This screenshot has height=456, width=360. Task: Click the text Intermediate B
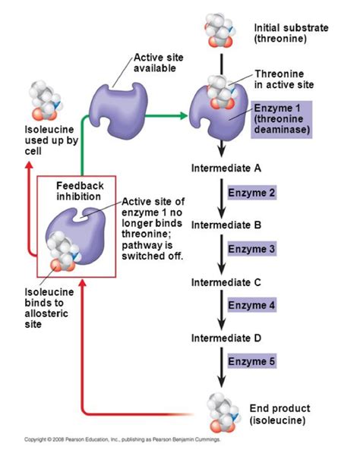point(226,225)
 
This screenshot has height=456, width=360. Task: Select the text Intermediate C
point(226,282)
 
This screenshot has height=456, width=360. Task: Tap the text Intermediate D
point(226,338)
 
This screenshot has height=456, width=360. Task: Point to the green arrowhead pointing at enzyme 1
point(182,116)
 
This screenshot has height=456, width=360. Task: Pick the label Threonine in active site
point(283,79)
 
